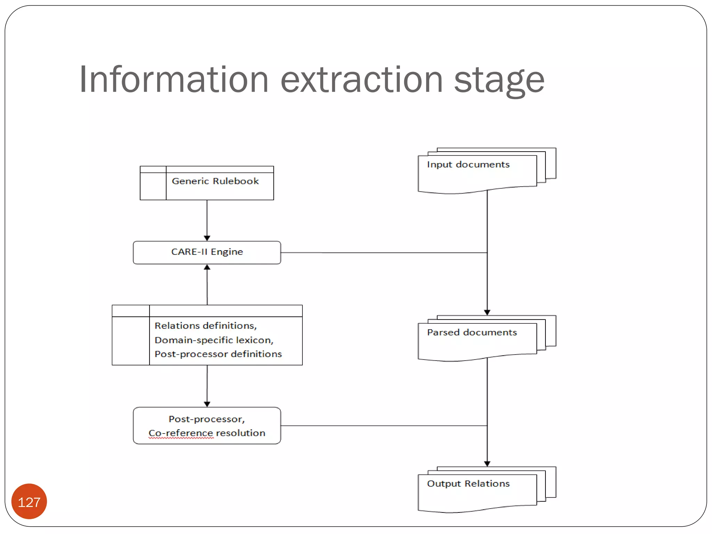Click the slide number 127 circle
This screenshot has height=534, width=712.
(29, 502)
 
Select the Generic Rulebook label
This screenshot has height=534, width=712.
(215, 181)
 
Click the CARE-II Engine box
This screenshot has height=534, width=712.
(207, 252)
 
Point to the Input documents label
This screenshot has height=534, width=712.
(468, 164)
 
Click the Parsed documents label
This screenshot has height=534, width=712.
(472, 332)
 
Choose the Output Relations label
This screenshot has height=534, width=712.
(468, 484)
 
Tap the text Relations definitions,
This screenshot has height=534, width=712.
(205, 326)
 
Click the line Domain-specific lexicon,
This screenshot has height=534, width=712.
(214, 340)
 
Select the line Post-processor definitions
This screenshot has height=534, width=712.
(218, 354)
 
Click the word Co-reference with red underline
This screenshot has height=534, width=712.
(181, 433)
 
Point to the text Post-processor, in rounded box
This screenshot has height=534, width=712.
(207, 419)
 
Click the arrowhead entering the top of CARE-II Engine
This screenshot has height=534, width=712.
(207, 238)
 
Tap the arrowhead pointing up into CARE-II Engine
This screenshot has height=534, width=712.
(207, 267)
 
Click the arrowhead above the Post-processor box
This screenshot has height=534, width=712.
(207, 404)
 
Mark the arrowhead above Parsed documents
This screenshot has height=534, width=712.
(487, 312)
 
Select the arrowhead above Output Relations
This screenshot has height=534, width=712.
(487, 463)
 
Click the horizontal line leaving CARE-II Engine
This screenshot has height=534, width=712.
(382, 253)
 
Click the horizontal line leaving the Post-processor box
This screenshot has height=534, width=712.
(382, 426)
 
